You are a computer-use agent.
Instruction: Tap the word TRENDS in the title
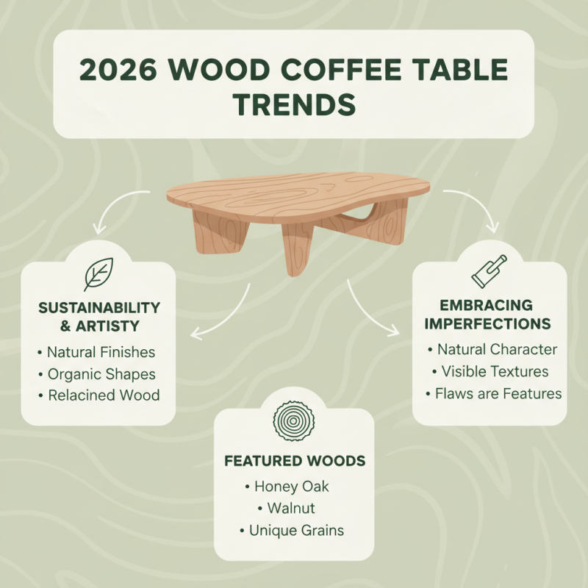(293, 104)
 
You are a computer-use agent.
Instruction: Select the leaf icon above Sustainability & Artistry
(98, 273)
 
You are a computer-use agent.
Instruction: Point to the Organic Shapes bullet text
(101, 373)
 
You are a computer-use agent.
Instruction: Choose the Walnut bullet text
(291, 508)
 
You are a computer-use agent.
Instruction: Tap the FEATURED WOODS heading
(294, 462)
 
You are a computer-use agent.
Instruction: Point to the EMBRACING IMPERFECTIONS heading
(489, 315)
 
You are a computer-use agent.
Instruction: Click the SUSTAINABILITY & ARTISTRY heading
(98, 316)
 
